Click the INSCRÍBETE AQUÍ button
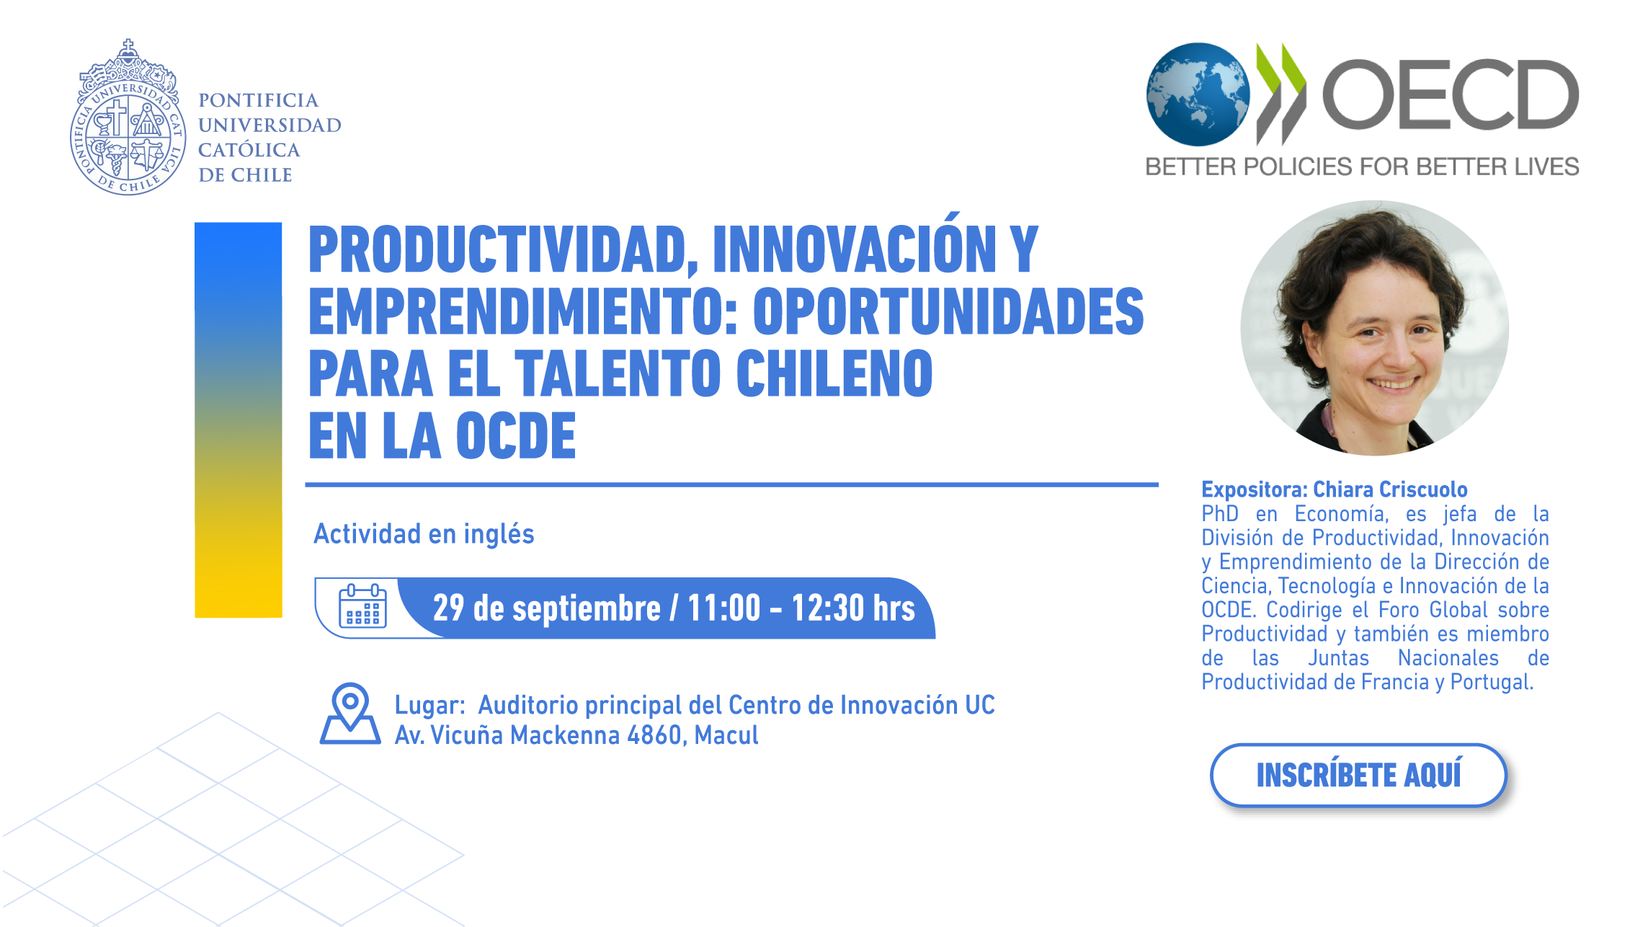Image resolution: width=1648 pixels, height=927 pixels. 1358,775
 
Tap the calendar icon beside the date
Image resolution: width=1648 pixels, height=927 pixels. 362,606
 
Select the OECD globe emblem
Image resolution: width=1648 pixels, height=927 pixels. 1198,94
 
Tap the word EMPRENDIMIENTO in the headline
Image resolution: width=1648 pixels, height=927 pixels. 523,311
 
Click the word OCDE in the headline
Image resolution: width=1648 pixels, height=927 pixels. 516,435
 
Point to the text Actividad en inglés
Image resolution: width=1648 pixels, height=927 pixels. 424,534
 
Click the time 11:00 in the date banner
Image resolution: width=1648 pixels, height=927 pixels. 723,608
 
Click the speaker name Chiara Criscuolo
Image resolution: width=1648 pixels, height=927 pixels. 1390,489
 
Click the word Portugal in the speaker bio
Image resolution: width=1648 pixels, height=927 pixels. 1492,682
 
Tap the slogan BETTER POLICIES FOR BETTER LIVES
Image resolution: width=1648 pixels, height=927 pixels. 1362,167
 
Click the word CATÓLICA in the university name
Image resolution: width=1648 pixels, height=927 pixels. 249,150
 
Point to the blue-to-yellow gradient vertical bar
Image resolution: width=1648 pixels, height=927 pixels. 239,420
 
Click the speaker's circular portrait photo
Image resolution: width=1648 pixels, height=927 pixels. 1374,328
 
